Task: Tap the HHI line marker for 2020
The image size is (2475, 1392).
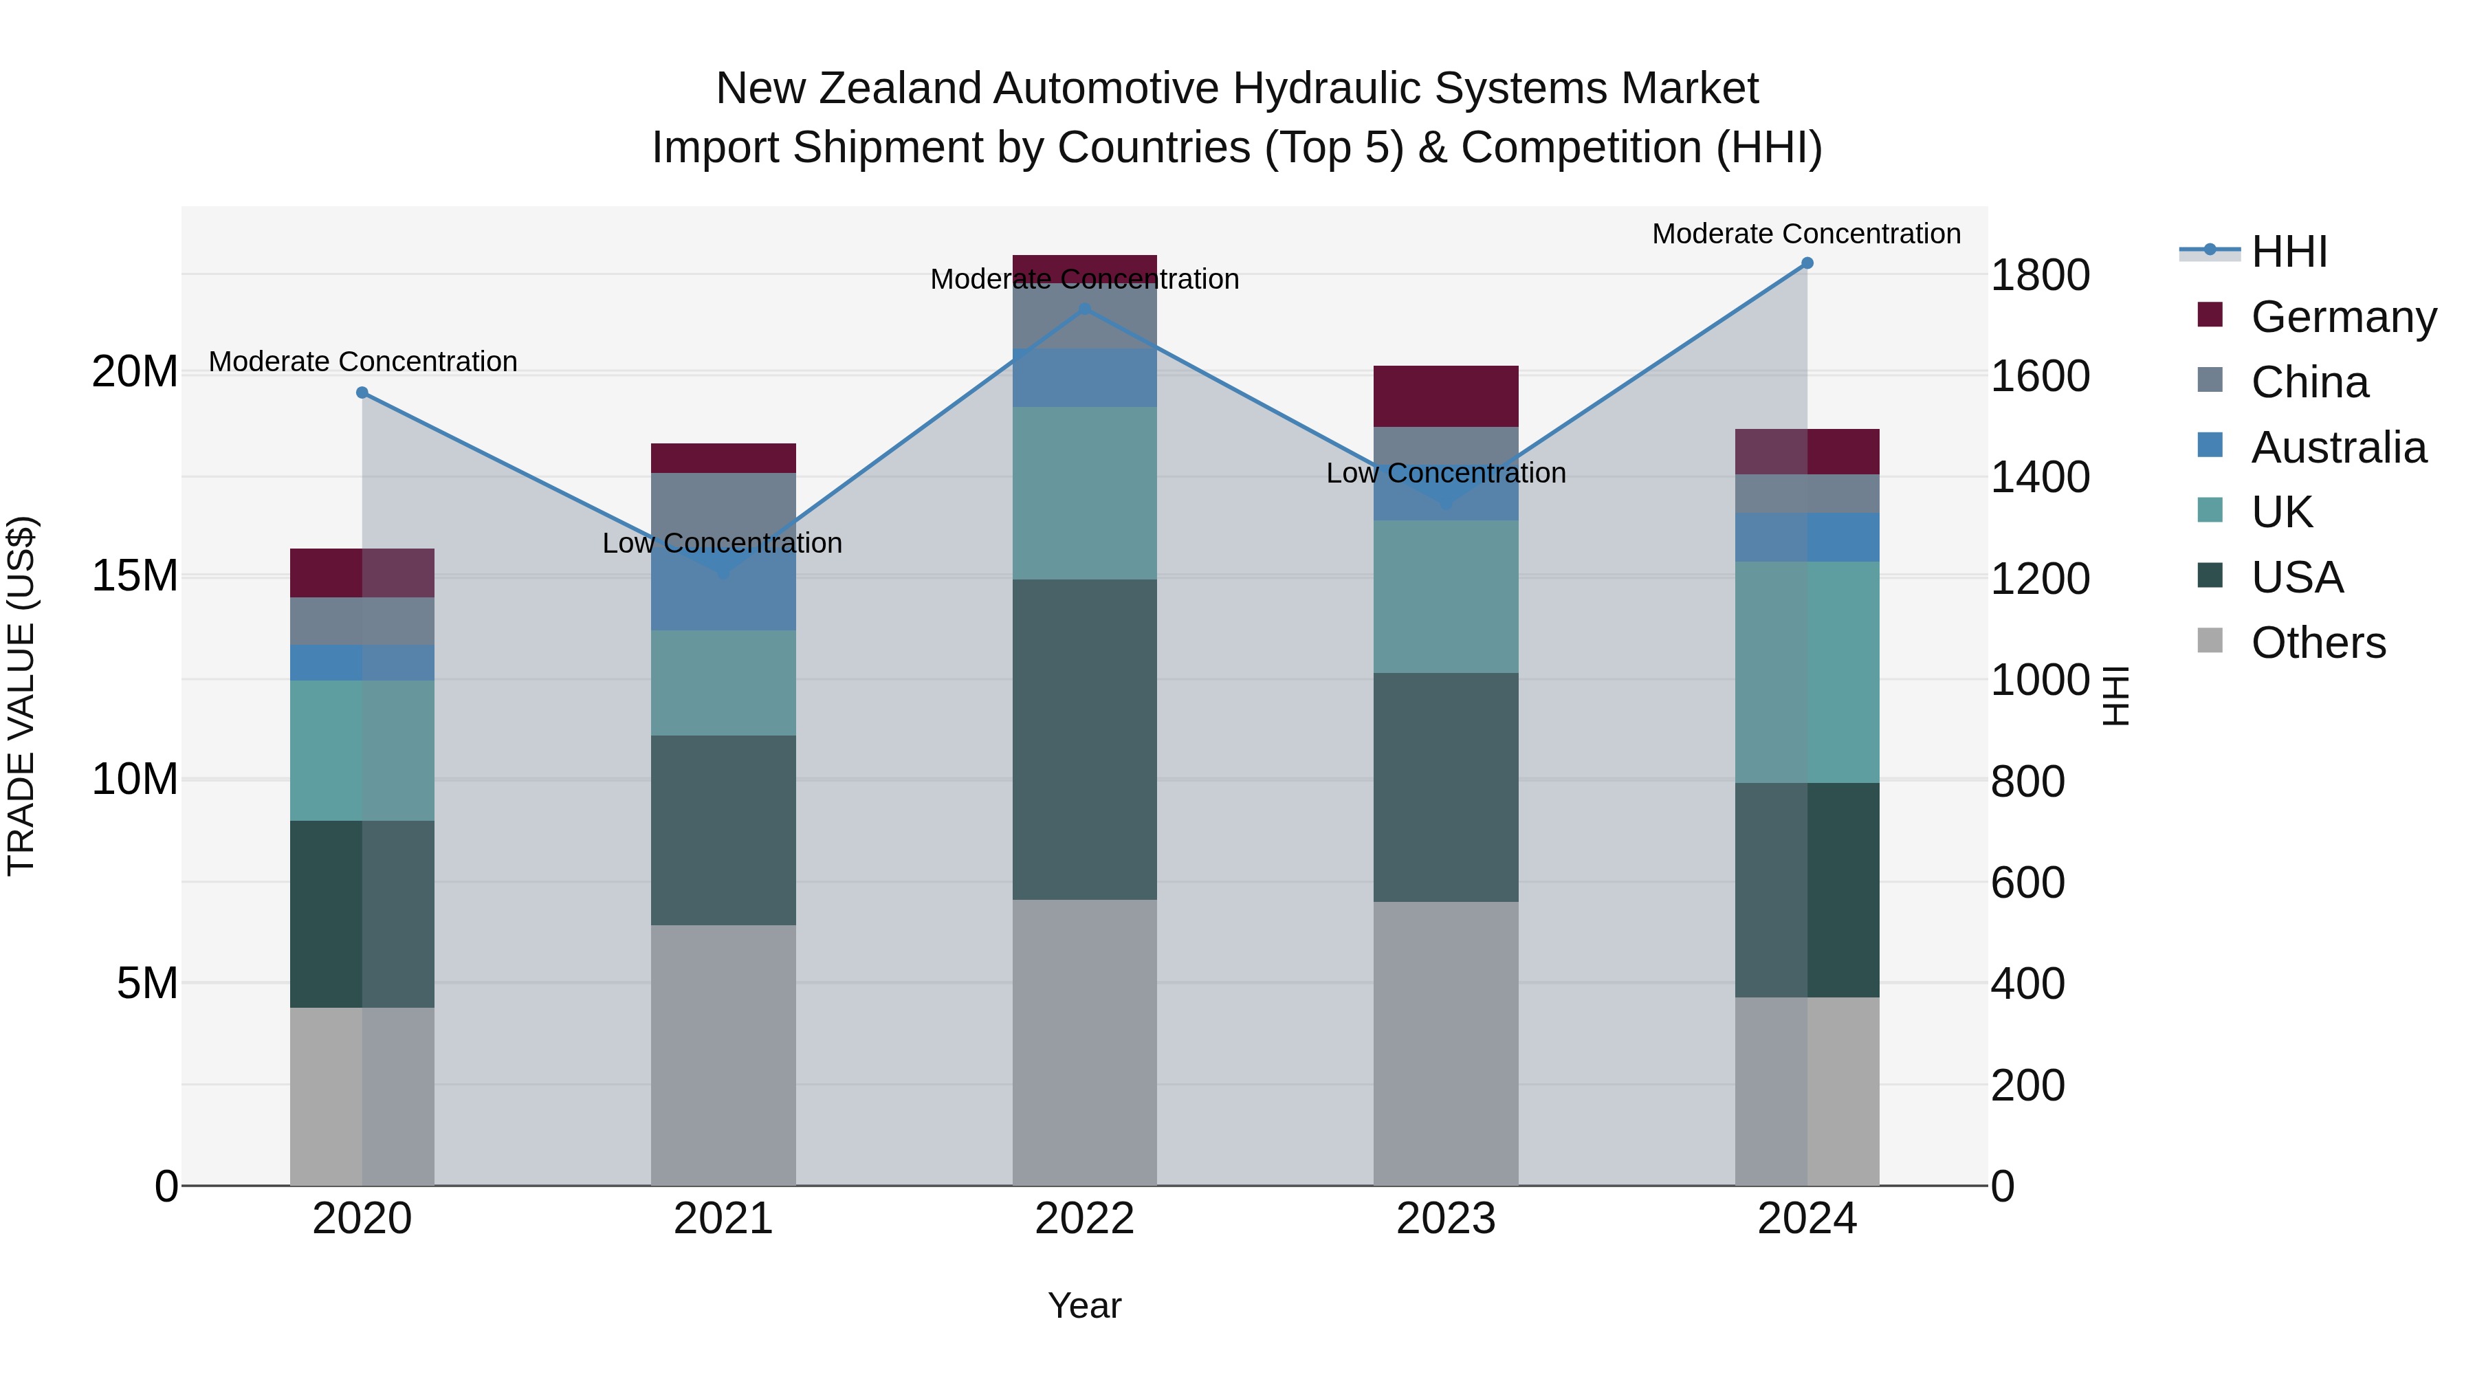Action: coord(362,393)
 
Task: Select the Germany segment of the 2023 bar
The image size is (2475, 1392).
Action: coord(1445,396)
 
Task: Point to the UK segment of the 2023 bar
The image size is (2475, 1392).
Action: coord(1445,597)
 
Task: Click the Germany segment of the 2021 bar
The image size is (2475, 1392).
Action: coord(723,459)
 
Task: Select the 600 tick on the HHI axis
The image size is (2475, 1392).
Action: coord(2027,882)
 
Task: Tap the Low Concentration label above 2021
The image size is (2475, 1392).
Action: coord(723,543)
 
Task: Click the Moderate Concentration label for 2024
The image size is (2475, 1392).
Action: coord(1806,234)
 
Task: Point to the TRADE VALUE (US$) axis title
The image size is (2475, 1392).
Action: coord(22,696)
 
